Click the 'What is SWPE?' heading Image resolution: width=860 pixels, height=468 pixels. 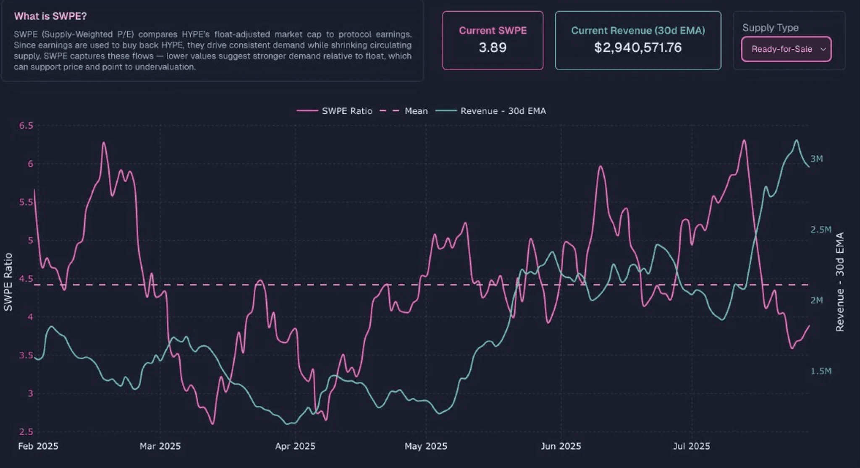50,16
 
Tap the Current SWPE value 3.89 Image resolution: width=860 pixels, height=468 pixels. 493,47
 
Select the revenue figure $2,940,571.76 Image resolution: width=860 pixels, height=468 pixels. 638,47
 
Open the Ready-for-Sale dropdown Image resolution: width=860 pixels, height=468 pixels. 786,49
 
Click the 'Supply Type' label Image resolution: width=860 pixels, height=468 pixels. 770,28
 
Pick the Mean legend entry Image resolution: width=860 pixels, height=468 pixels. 416,111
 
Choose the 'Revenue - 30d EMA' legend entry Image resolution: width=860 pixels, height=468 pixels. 503,111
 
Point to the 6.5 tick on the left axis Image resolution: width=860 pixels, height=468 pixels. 26,125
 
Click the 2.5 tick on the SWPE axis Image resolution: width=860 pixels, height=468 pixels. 26,431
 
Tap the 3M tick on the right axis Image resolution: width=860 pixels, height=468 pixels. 817,159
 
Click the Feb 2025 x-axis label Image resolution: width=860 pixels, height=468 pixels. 38,446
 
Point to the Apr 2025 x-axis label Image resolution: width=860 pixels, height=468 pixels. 295,446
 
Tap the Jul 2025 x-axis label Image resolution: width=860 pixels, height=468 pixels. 692,446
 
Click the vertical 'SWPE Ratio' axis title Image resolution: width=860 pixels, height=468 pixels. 8,282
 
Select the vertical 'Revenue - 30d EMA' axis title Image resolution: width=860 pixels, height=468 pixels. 840,282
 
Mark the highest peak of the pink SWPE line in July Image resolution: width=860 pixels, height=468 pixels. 744,140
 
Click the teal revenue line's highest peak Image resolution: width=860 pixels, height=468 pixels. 796,140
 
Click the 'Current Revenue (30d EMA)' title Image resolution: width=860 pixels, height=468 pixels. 638,31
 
